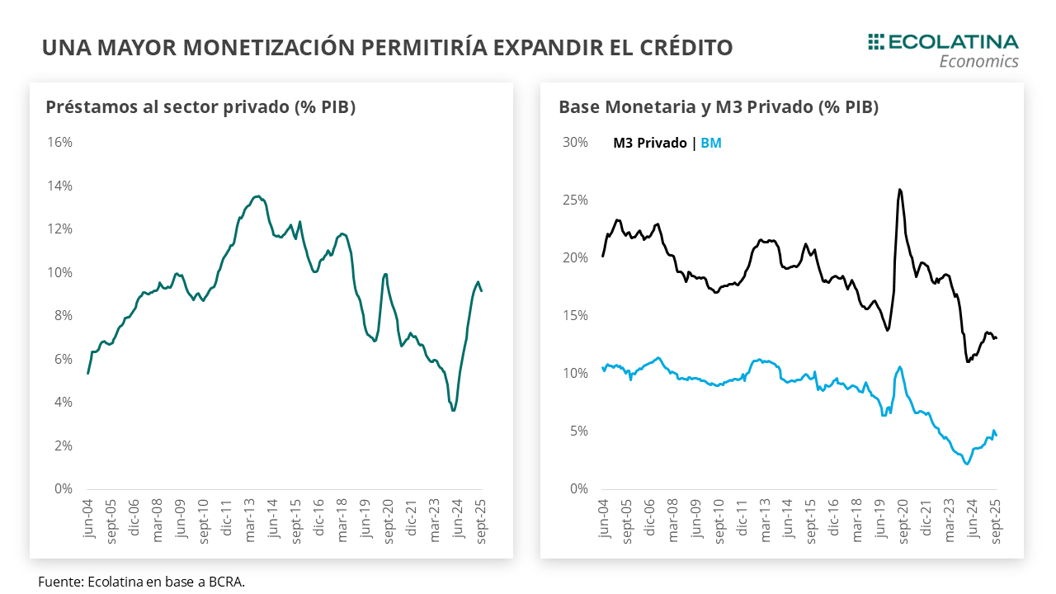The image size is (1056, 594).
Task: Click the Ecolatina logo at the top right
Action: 943,49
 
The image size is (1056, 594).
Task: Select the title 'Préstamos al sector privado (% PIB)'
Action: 200,107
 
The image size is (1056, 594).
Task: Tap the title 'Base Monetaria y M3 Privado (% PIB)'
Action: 719,107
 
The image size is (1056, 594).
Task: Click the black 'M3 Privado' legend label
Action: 649,143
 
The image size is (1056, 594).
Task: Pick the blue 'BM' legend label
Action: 711,143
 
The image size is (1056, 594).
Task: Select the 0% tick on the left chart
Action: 63,488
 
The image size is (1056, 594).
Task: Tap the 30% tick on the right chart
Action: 575,142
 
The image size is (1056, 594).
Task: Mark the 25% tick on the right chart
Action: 575,200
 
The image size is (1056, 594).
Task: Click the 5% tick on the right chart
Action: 577,431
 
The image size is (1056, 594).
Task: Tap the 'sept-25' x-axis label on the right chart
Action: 994,520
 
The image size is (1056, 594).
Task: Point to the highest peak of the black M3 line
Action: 898,190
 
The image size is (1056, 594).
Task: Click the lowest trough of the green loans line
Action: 453,410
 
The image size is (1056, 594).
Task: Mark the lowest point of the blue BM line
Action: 967,464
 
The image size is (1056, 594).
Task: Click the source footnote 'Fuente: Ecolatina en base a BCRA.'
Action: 141,582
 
